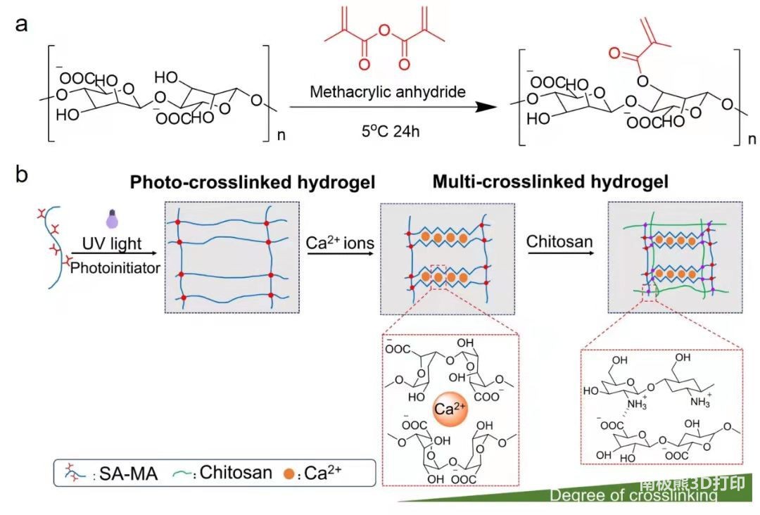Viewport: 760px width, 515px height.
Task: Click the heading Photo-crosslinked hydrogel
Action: click(252, 182)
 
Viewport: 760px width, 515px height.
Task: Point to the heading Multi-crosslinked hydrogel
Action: click(550, 182)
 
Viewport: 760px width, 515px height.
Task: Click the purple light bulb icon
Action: click(110, 218)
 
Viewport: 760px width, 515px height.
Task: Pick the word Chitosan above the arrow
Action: click(559, 243)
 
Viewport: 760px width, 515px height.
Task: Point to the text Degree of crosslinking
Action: click(633, 496)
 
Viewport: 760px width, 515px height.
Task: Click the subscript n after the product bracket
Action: click(751, 140)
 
